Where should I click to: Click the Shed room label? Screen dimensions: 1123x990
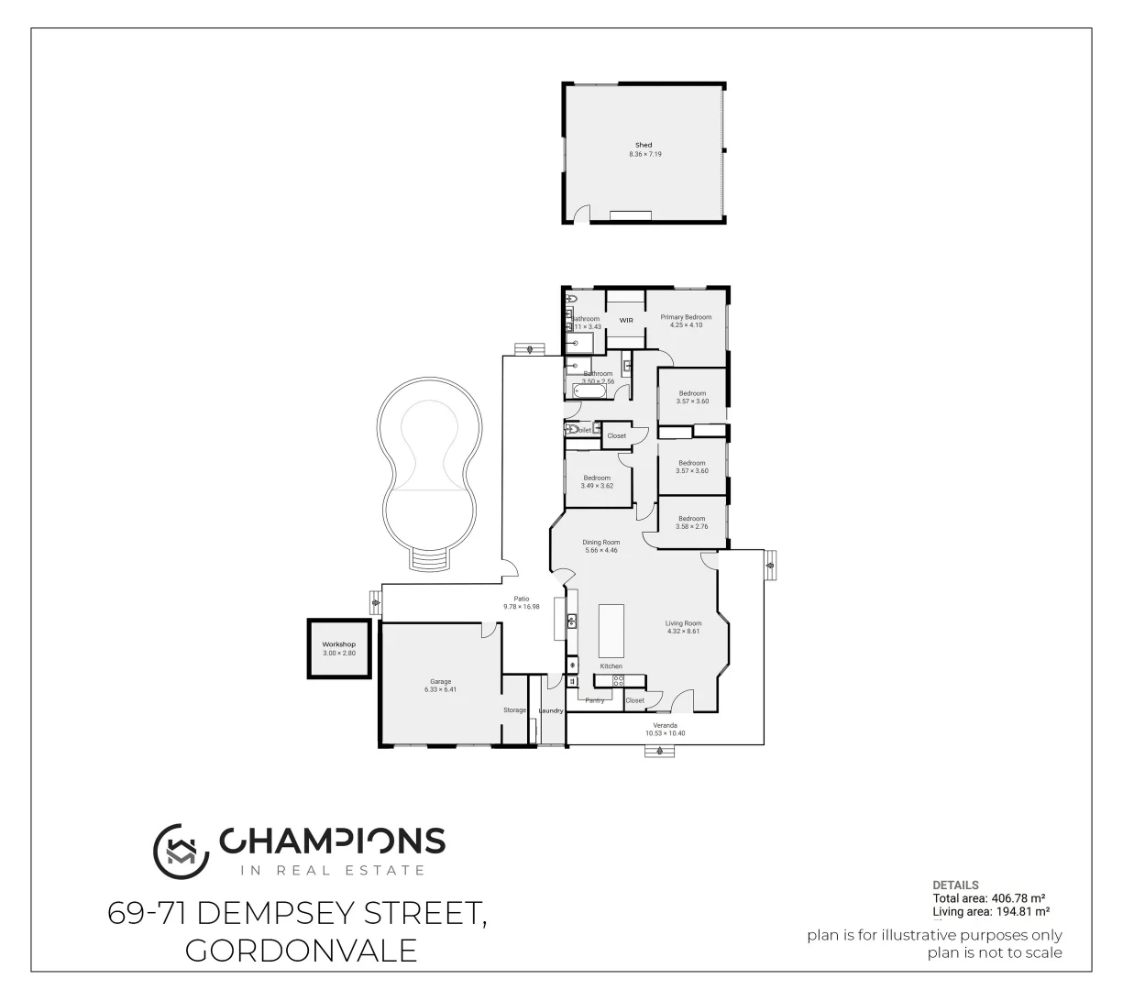[644, 145]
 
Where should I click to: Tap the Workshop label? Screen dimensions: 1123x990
[338, 644]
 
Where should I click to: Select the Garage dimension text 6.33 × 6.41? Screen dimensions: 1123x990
[440, 689]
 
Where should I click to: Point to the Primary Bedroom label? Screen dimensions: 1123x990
[686, 317]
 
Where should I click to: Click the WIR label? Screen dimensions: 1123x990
[627, 320]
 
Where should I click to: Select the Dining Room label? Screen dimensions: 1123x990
[601, 542]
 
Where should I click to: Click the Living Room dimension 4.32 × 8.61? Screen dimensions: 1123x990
[683, 631]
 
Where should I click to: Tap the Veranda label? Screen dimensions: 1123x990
[665, 725]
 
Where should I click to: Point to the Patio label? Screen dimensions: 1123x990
[522, 599]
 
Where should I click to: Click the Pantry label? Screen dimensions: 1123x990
[595, 700]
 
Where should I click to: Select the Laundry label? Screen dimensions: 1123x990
[551, 710]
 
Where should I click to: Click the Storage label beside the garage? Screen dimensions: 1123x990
[514, 710]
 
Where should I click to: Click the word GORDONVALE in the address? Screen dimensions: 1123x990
[302, 951]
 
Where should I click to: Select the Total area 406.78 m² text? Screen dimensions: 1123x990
[990, 899]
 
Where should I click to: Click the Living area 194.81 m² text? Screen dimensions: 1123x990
[991, 911]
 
